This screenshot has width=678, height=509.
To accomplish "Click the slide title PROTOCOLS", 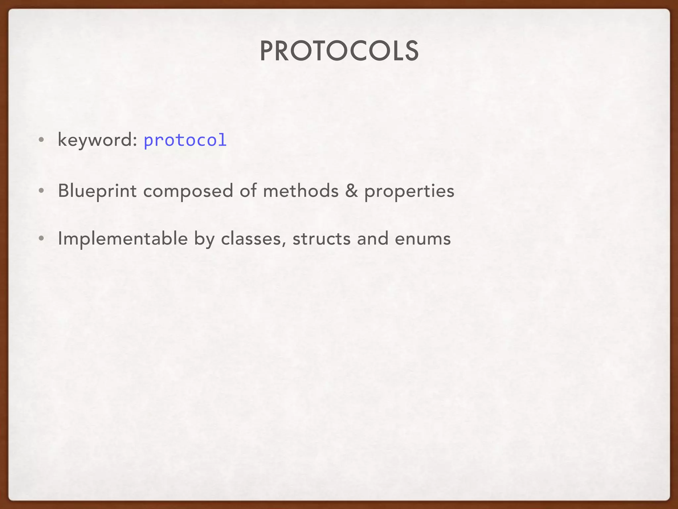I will pos(339,51).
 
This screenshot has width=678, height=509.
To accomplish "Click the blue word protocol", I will pos(185,140).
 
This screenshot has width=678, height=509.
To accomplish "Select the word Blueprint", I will pos(97,191).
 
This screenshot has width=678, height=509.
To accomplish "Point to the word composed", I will pos(188,191).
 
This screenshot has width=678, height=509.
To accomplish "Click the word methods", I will pos(301,191).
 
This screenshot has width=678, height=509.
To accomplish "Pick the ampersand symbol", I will pos(351,191).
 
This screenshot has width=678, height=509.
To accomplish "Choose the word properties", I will pos(409,191).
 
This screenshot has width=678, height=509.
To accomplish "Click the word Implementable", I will pos(122,239).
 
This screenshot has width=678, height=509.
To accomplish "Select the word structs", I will pos(321,239).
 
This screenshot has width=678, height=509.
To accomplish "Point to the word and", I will pos(372,239).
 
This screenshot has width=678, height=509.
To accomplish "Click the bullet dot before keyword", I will pos(41,140).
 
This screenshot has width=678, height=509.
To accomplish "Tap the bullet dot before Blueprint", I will pos(41,191).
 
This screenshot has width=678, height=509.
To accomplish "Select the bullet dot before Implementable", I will pos(41,239).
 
